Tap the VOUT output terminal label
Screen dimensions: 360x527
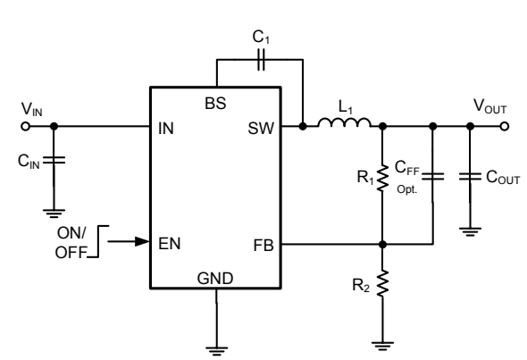point(489,108)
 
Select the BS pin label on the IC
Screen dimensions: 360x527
point(214,103)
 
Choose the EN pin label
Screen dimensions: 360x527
point(165,241)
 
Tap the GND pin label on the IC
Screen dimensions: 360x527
point(215,277)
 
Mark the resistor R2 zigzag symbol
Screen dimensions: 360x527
point(382,284)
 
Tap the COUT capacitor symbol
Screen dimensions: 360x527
point(468,177)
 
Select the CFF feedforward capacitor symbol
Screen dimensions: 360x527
point(432,177)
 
